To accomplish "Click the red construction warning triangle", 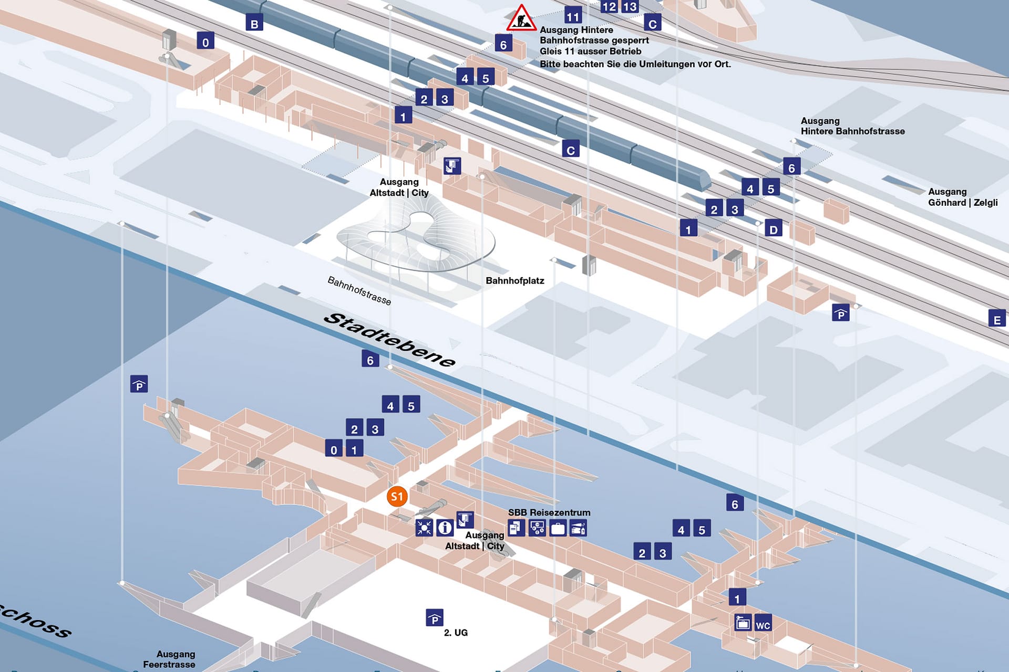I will click(x=521, y=19).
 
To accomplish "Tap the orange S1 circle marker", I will click(x=397, y=496).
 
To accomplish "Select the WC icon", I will click(x=763, y=624).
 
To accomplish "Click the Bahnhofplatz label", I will click(x=514, y=281).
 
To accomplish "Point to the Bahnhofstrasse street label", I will click(x=359, y=290).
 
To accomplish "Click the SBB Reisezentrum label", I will click(x=549, y=512).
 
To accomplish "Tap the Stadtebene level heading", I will click(x=389, y=340).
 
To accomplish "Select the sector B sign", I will click(x=254, y=23).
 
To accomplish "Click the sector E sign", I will click(x=996, y=319).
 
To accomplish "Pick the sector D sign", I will click(x=773, y=229).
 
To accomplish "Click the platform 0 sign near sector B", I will click(x=205, y=42).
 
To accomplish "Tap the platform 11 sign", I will click(x=573, y=16).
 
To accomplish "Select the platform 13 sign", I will click(x=630, y=6).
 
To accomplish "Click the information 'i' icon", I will click(x=445, y=527).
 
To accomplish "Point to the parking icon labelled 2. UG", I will click(x=435, y=618).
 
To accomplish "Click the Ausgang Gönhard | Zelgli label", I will click(x=962, y=197).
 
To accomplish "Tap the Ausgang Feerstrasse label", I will click(x=169, y=659).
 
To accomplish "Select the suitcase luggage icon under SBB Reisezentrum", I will click(x=558, y=528).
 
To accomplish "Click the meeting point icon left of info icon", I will click(x=424, y=527).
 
